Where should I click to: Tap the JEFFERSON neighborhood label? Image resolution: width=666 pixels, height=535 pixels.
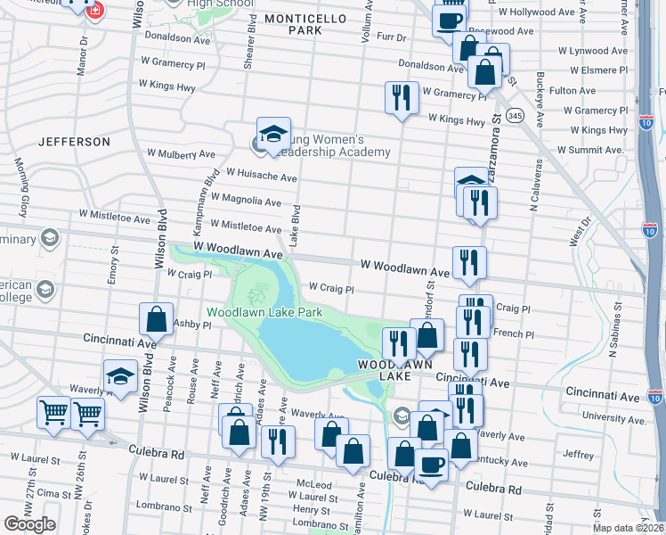point(75,142)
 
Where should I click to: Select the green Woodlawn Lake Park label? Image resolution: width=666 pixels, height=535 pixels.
point(264,313)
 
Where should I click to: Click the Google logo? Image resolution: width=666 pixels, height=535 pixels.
point(30,524)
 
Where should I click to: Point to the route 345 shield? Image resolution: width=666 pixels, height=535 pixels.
point(514,116)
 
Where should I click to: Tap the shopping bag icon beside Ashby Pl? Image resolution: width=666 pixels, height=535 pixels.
point(156,319)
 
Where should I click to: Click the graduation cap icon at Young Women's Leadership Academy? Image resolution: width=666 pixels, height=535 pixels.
point(273,134)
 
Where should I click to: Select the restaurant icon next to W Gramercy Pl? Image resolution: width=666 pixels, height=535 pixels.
point(402,96)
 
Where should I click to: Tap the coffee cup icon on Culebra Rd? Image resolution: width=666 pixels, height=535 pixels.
point(433,465)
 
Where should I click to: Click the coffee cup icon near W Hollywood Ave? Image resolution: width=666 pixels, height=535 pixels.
point(450,21)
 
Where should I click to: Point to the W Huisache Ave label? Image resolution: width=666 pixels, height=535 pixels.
point(261,176)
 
